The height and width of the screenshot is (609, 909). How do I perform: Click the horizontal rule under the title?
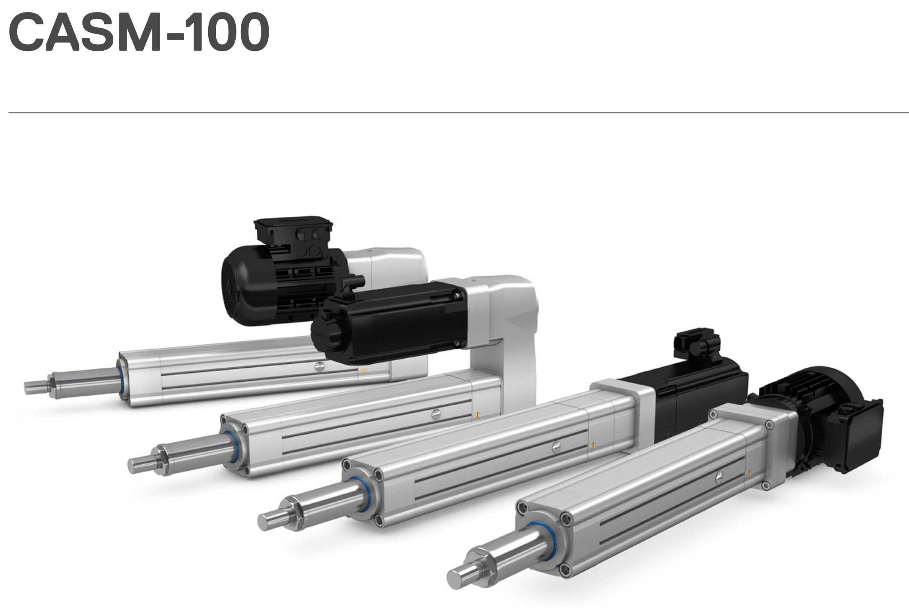458,113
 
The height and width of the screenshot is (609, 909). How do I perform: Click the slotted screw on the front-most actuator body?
720,476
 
